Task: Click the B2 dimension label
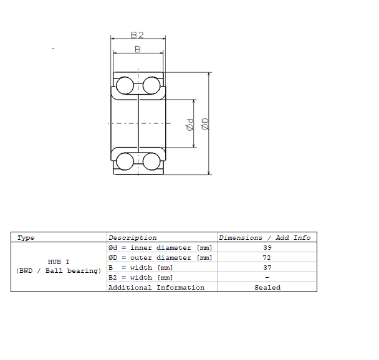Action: point(138,35)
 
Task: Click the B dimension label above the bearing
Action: point(138,49)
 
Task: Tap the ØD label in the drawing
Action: point(205,124)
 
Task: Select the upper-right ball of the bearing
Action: point(151,85)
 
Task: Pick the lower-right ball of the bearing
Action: point(151,161)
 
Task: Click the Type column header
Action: point(26,237)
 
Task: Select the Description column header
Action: point(133,237)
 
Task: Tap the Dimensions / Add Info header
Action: point(265,237)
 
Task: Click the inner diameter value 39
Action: point(267,247)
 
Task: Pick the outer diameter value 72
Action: point(267,257)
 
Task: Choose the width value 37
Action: point(267,267)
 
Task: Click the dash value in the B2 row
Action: point(267,277)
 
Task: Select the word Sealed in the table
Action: point(267,287)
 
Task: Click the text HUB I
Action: point(59,262)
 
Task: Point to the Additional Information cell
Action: point(156,287)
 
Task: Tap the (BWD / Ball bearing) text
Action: point(59,271)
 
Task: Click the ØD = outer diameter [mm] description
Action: point(160,257)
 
